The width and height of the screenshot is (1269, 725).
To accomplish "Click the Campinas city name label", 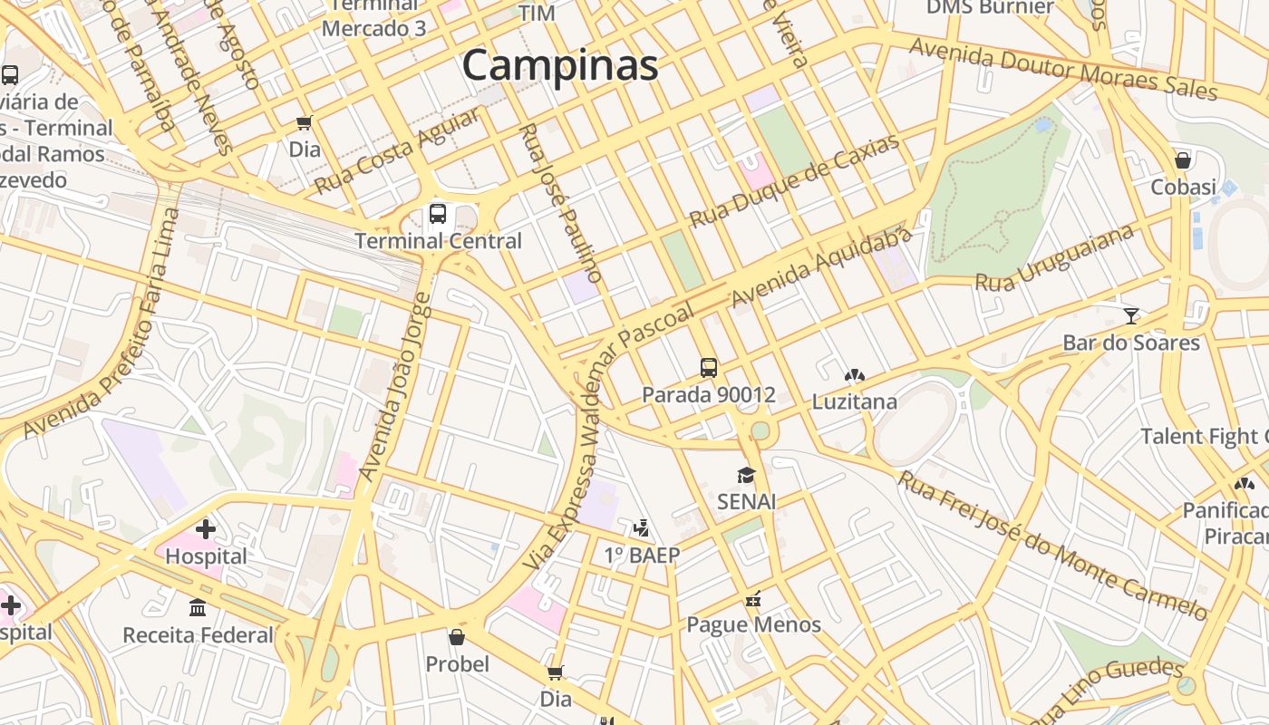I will (x=560, y=65).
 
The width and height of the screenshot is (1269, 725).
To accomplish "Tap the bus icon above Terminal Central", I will (x=438, y=215).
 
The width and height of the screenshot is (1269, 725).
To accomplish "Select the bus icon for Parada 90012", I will (x=709, y=368).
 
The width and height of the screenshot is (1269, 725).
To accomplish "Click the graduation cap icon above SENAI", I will (x=746, y=476).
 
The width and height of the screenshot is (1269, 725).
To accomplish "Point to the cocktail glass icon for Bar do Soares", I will (x=1131, y=315).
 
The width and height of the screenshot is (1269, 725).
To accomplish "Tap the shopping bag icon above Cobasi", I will (x=1183, y=160).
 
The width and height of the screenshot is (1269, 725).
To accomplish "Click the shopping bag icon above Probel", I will (x=457, y=637).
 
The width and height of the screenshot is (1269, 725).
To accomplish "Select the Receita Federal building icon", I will (x=198, y=607).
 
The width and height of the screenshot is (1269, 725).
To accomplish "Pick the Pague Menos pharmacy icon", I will (x=752, y=598).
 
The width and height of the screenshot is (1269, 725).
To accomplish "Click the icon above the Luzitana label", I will (x=854, y=375).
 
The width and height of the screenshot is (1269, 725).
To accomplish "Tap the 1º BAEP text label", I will (x=642, y=555).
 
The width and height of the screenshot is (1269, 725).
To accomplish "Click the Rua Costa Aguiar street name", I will (x=397, y=151).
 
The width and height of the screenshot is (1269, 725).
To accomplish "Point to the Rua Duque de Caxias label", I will (x=795, y=181).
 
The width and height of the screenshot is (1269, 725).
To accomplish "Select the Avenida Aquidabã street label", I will (x=821, y=267).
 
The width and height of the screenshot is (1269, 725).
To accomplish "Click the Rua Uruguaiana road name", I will (x=1054, y=258).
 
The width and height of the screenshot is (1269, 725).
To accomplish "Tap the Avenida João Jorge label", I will (x=396, y=387).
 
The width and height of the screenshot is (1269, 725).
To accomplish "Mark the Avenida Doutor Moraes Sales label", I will (x=1063, y=69).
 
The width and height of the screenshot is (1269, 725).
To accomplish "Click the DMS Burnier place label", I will (x=990, y=8).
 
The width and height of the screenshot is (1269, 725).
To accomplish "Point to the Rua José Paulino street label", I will (x=560, y=203).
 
